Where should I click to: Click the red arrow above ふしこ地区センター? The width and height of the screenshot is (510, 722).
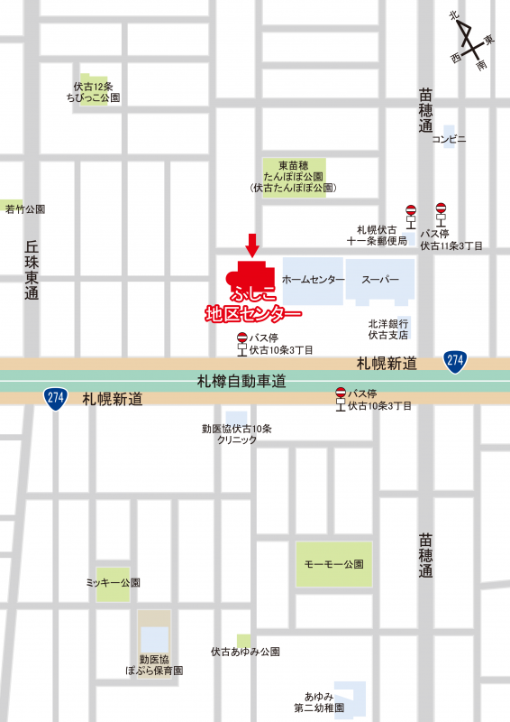pos(252,245)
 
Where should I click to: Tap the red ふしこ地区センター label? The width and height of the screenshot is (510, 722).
pos(253,305)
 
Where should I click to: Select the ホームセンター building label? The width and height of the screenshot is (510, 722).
pos(314,280)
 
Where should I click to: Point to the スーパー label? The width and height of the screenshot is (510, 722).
pos(380,280)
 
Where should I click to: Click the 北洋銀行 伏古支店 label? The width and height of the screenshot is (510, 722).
pos(387,329)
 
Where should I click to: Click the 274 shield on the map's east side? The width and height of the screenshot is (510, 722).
pos(455,361)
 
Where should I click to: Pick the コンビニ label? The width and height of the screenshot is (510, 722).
pos(449,139)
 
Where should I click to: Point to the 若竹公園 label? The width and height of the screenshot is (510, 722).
pos(25,209)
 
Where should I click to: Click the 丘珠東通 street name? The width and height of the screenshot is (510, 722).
pos(32,270)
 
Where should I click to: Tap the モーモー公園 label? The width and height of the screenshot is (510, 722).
pos(333,564)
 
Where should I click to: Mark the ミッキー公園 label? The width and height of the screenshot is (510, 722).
pos(113,583)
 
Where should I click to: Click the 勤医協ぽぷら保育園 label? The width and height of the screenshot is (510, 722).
pos(154,665)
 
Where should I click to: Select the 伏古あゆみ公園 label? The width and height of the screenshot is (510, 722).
pos(245,652)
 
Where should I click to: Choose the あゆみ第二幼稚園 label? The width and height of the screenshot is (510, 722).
pos(324,702)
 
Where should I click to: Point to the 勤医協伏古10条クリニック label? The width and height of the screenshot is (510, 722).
pos(236,434)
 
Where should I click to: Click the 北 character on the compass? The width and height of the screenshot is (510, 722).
pos(455,15)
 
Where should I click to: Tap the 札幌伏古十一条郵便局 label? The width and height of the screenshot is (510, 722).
pos(378,236)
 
